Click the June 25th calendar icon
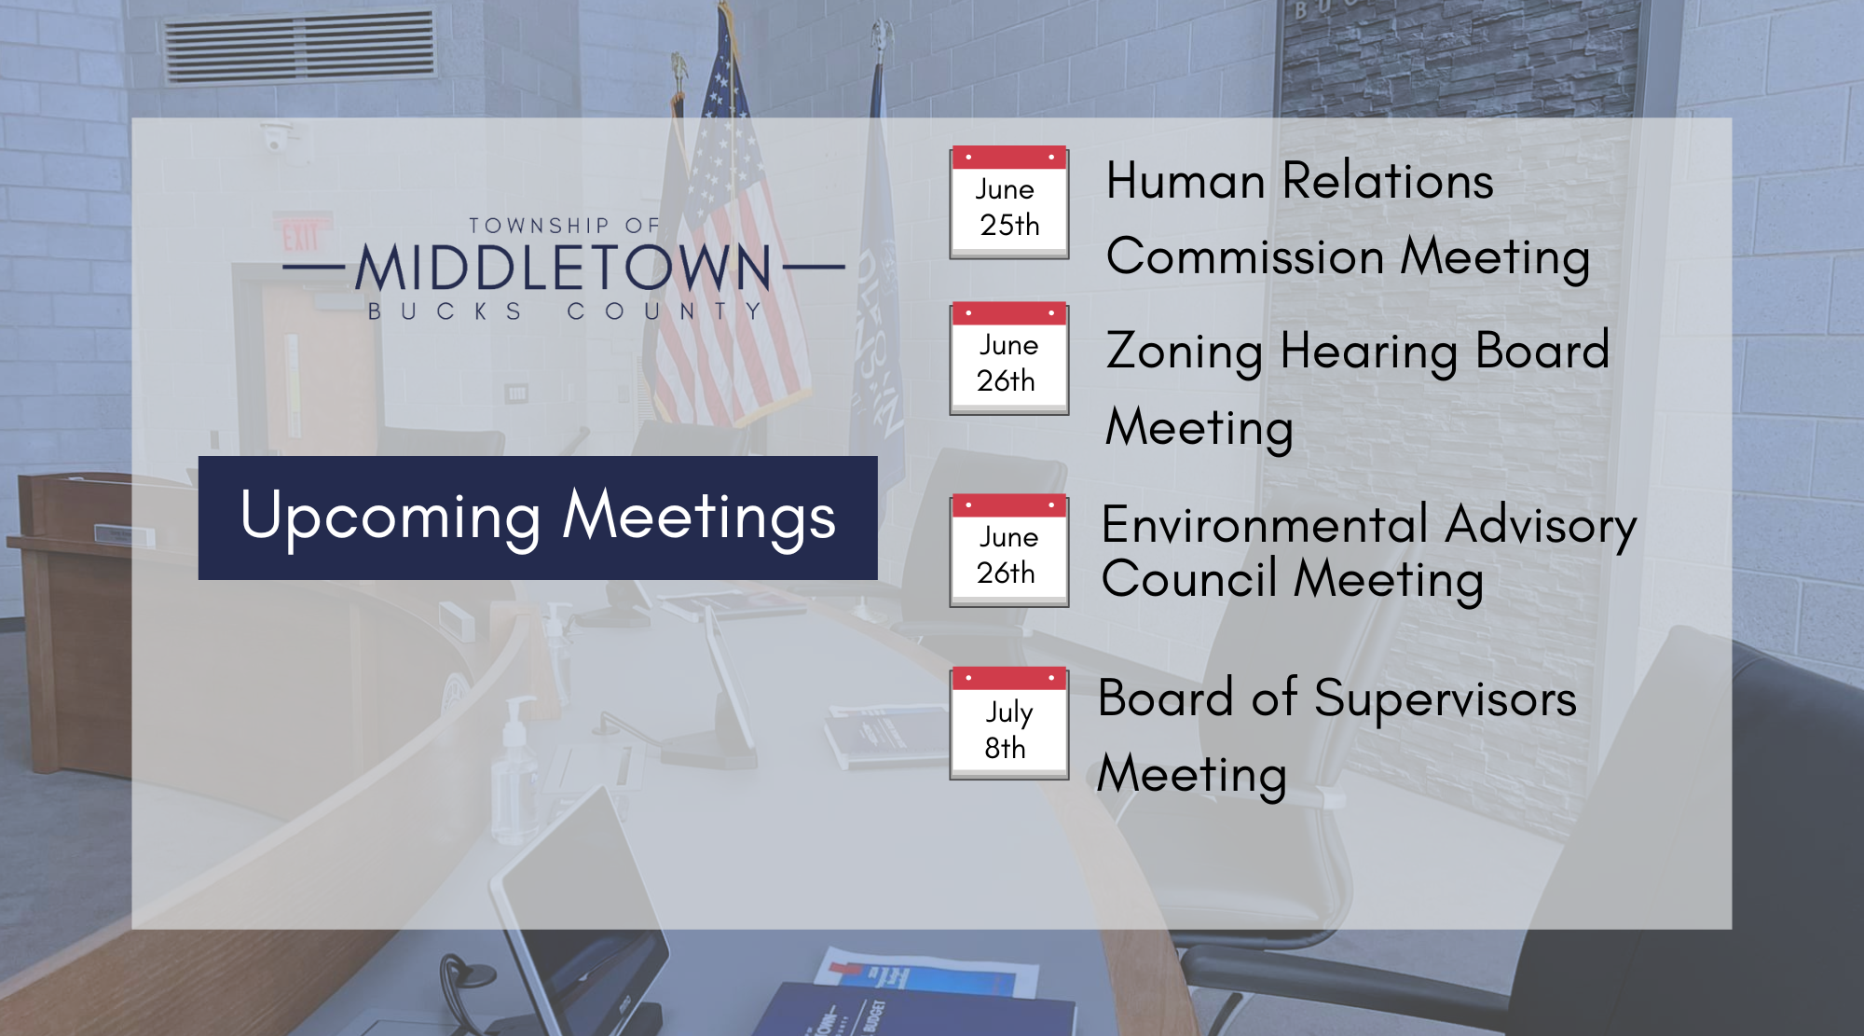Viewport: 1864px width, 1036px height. [1009, 202]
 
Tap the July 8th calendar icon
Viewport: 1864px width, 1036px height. [1009, 724]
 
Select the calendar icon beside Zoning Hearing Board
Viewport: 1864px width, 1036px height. [1009, 359]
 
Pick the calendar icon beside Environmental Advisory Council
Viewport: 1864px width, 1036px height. [1009, 551]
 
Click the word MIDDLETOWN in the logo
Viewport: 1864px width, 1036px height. [564, 268]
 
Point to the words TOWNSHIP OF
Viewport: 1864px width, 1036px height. [564, 226]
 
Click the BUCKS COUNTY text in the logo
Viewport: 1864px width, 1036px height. [565, 311]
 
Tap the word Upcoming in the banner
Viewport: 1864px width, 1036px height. [391, 518]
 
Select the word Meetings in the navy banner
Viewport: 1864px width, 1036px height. [700, 518]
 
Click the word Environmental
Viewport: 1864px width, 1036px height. [1265, 525]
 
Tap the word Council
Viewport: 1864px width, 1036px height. [1189, 579]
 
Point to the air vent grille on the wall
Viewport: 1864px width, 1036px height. [300, 47]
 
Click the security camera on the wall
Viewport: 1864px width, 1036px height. [274, 141]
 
